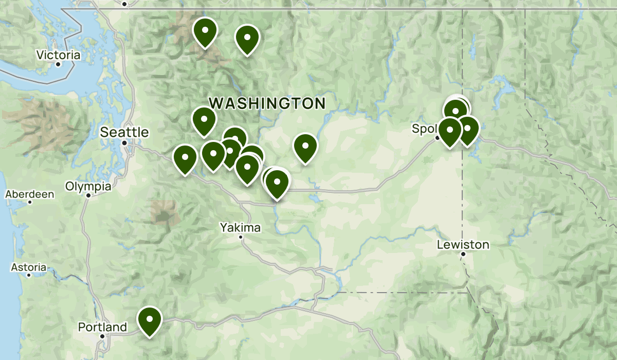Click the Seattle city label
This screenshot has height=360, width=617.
point(124,132)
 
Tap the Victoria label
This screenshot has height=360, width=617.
point(58,55)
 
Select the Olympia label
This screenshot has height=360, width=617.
point(88,186)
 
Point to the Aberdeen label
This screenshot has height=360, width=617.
point(29,194)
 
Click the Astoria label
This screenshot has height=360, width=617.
point(29,267)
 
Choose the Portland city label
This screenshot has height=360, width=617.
point(102,327)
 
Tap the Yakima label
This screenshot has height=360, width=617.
point(240,227)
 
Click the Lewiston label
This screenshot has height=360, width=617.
point(463,245)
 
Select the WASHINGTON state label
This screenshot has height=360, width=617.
point(267,103)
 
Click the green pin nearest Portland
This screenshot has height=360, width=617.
point(150,319)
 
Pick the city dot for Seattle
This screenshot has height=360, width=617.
point(124,143)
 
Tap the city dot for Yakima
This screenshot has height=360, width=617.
point(241,237)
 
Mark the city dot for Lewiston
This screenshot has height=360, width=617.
point(463,254)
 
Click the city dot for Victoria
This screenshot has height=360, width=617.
point(58,64)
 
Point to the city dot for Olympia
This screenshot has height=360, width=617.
point(88,195)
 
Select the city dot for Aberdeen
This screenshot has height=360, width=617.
point(30,202)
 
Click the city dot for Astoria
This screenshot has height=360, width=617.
point(29,275)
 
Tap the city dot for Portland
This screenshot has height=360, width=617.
point(102,336)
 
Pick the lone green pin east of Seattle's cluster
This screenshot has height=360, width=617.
point(305,147)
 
